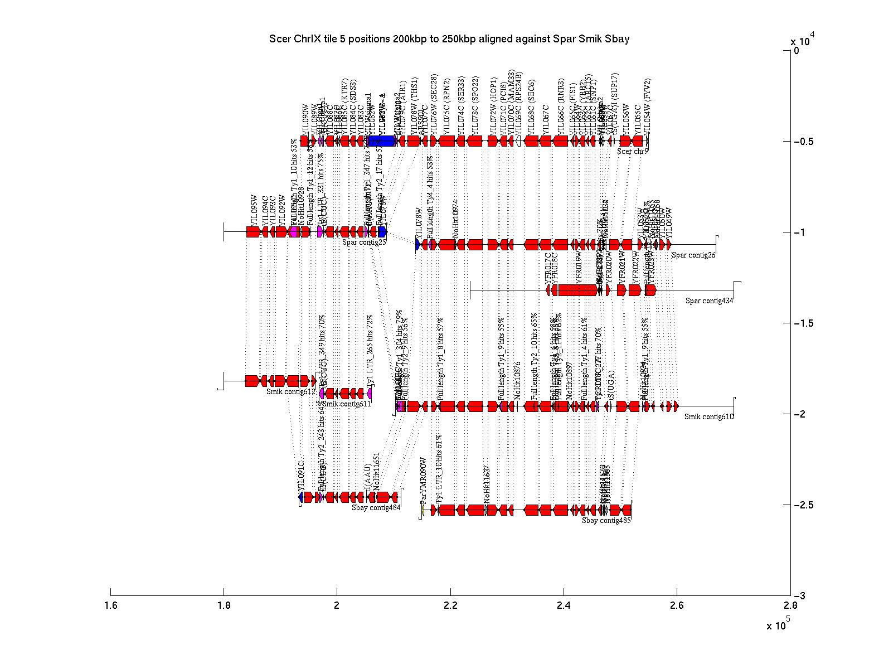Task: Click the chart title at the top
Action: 449,39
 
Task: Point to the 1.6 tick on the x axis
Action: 111,592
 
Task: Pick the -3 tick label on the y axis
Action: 799,597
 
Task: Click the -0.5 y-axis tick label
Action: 803,142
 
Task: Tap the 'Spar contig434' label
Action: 710,301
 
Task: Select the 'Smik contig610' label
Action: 709,416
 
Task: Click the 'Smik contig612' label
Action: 291,392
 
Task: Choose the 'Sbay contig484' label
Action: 376,507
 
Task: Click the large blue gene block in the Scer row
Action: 382,141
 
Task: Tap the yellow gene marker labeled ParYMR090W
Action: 423,510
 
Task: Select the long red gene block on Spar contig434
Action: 577,290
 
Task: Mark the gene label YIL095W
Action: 255,211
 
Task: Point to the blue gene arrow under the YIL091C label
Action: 301,497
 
